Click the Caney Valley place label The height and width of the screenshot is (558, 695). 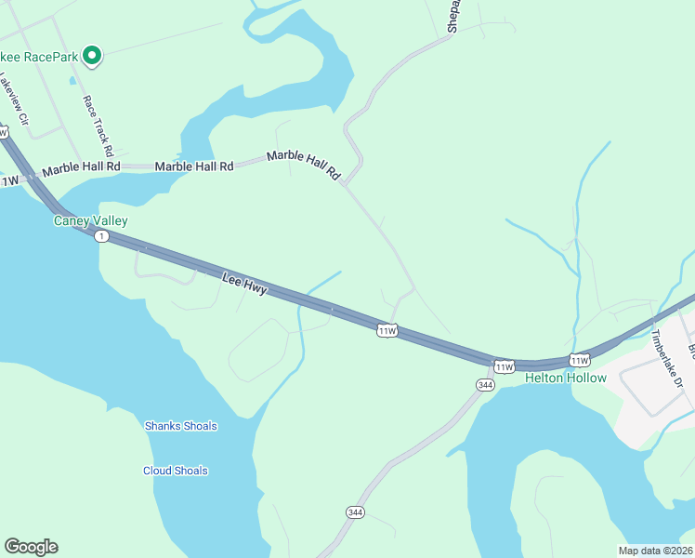coord(90,221)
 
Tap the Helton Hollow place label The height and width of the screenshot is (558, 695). coord(566,378)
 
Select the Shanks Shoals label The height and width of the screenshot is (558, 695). coord(181,426)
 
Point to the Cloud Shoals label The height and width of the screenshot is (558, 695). coord(176,471)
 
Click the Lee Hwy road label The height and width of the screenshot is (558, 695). coord(244,284)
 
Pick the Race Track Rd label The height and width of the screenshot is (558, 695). coord(98,126)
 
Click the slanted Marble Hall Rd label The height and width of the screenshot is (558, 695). coord(305,165)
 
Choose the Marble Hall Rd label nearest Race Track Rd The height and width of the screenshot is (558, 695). coord(82,167)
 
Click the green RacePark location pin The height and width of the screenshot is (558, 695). coord(92,56)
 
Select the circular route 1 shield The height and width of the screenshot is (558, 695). coord(101,236)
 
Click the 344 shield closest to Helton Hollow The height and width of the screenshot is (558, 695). coord(484,385)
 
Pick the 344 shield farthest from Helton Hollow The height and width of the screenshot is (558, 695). coord(354,512)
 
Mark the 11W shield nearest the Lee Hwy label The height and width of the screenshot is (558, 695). coord(387,330)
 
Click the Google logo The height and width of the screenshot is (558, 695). coord(32,547)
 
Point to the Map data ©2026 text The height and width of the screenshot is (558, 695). coord(655,551)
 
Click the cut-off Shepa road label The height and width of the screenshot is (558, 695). coord(453,17)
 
